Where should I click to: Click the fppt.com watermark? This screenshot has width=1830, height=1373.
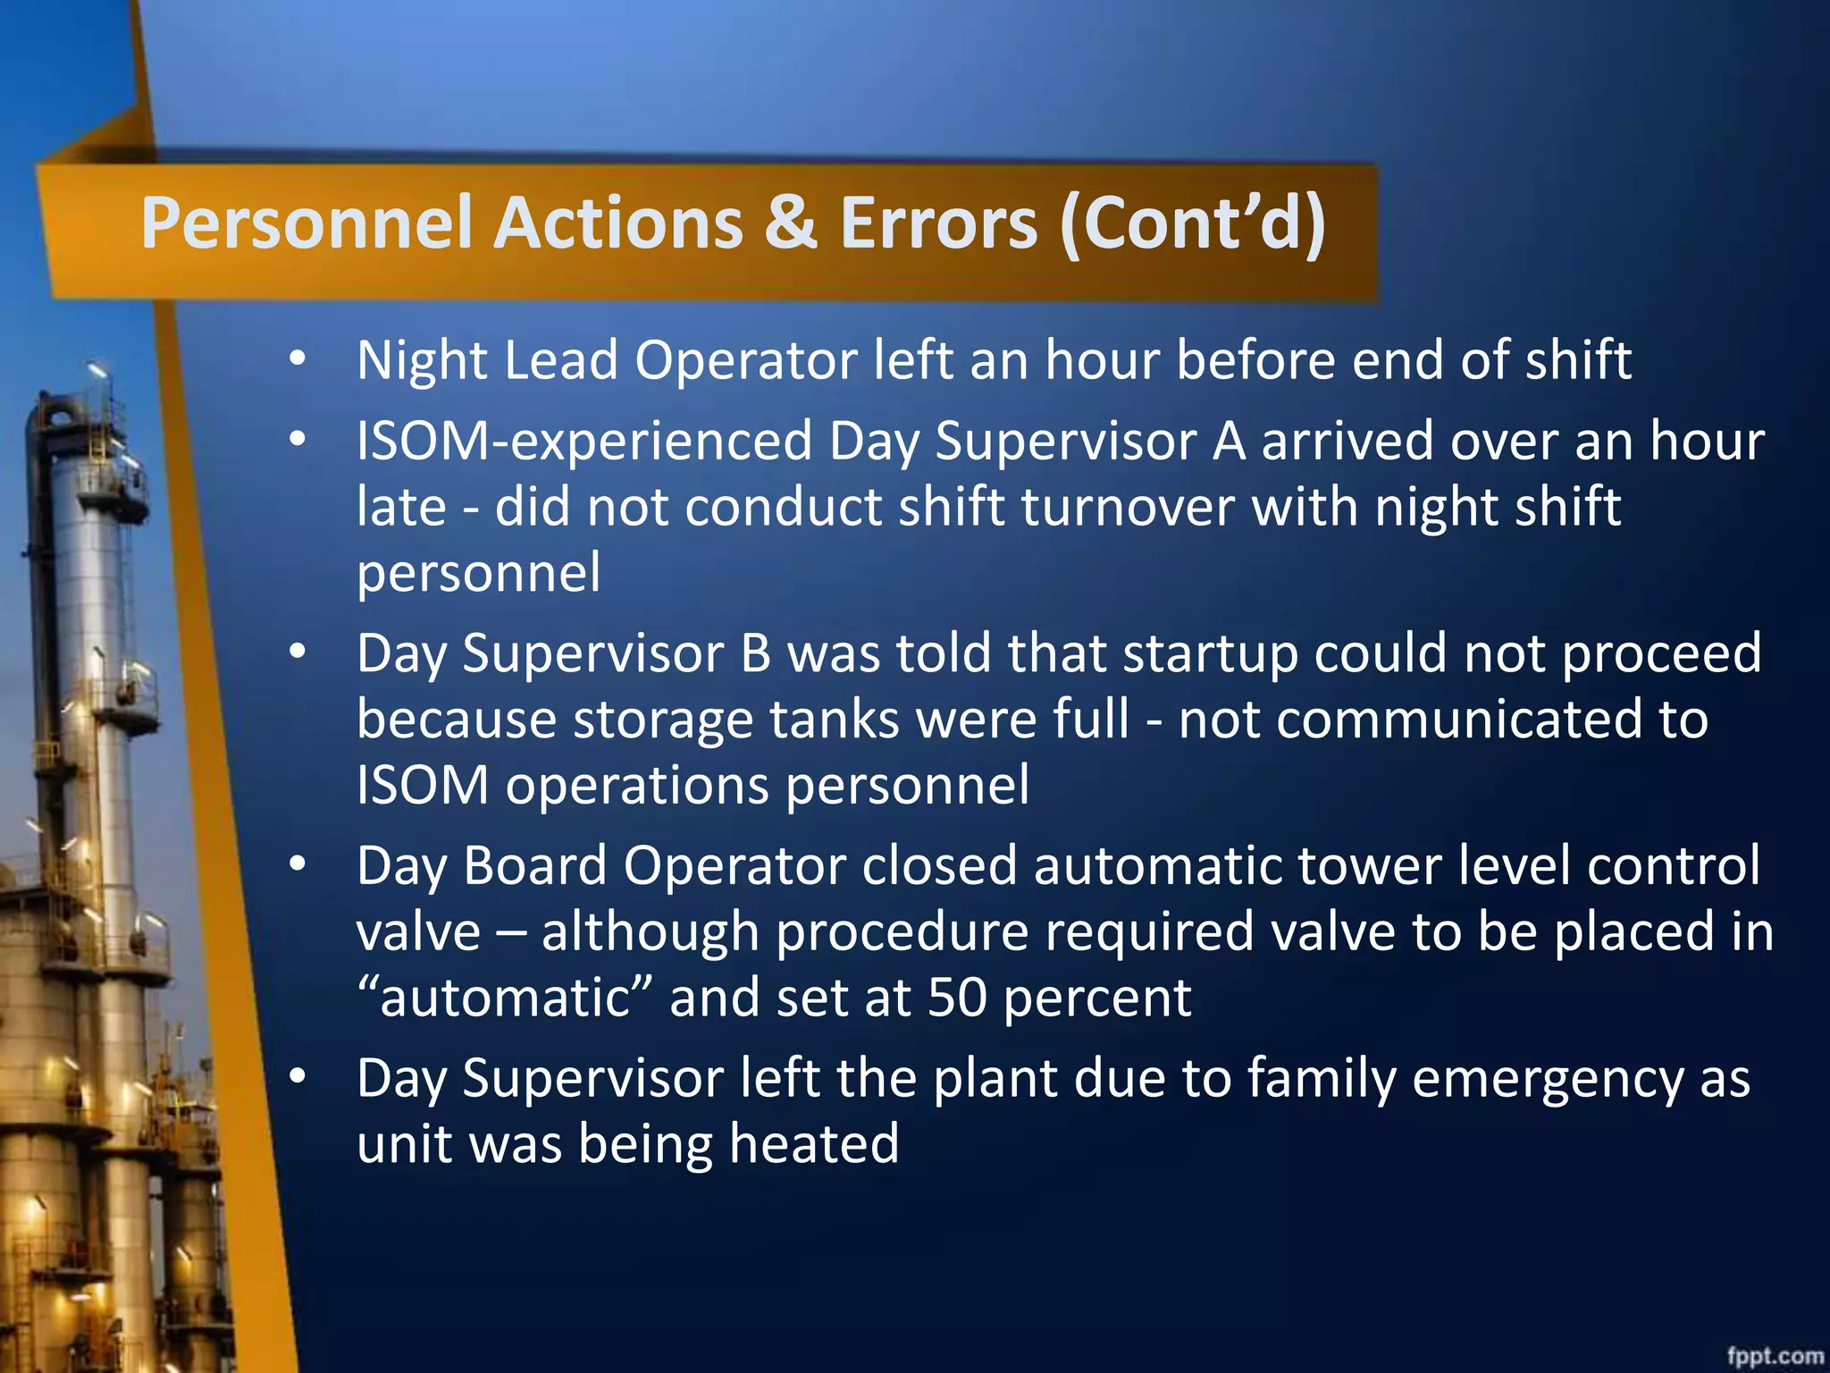[1775, 1355]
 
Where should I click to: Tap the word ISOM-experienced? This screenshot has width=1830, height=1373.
[584, 442]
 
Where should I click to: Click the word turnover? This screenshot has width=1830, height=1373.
[1127, 508]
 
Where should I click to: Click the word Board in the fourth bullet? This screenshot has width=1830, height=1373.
[535, 866]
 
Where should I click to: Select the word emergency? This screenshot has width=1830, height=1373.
[1547, 1079]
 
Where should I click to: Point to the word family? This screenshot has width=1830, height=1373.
[1321, 1079]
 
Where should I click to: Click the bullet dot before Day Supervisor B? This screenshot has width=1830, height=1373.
[298, 653]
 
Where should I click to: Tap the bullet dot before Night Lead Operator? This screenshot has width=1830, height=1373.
[298, 358]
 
